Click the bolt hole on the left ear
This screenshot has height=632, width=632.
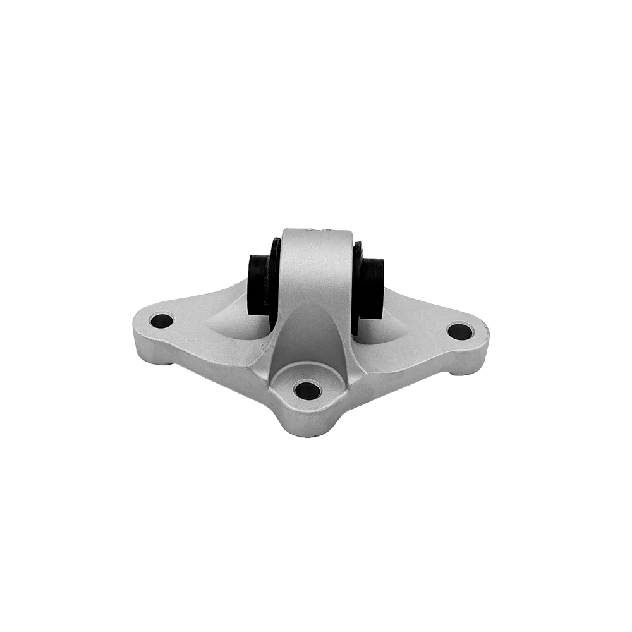pyautogui.click(x=162, y=320)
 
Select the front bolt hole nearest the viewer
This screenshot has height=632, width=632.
pyautogui.click(x=307, y=389)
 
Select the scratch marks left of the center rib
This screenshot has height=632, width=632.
pyautogui.click(x=265, y=344)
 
